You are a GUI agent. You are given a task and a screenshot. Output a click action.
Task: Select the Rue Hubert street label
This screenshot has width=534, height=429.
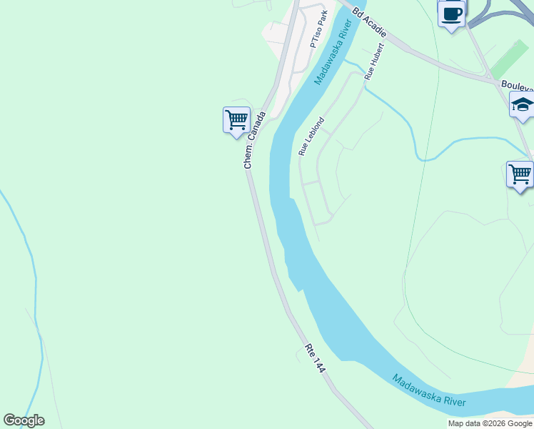(373, 61)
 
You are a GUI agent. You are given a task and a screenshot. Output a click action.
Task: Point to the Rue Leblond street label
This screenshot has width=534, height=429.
(311, 137)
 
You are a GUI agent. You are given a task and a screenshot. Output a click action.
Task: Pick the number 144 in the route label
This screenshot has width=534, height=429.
(318, 364)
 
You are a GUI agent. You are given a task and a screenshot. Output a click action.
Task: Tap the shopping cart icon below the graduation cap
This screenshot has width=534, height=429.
(520, 174)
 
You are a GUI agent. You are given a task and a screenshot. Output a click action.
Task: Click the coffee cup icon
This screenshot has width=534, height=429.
(451, 13)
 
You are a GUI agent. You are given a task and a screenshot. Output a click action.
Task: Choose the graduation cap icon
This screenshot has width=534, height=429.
(523, 105)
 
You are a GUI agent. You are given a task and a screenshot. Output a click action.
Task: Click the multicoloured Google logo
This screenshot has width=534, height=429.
(24, 420)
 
